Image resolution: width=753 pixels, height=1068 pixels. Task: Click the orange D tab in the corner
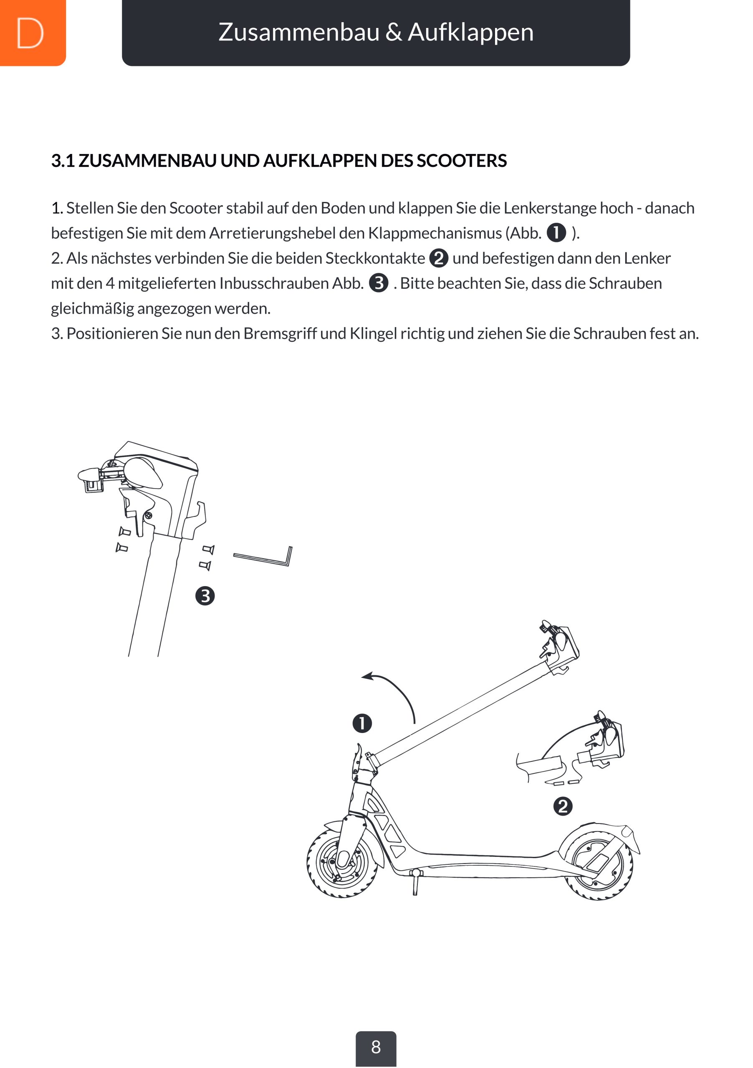31,33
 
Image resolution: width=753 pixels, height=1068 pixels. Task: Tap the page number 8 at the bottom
376,1047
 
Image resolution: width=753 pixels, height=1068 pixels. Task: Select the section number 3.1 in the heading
63,161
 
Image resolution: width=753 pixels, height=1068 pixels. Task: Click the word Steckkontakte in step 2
375,258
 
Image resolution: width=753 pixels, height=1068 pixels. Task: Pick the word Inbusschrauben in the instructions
274,283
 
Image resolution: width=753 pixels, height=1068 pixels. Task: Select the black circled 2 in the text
438,258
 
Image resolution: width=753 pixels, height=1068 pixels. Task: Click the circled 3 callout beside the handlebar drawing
205,596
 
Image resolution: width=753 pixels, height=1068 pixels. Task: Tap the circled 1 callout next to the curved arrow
362,723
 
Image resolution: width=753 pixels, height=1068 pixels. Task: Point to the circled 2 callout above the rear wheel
563,806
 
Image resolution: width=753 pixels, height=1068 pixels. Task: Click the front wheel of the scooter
342,863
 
